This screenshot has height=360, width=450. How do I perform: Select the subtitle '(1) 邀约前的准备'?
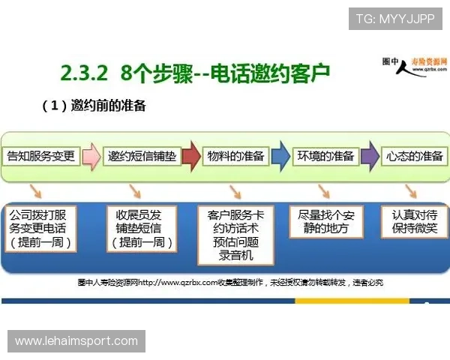(x=97, y=106)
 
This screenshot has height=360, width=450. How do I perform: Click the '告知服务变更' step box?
(x=42, y=156)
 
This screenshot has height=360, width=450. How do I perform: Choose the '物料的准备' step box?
(x=235, y=156)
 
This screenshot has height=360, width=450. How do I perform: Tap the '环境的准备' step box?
(x=326, y=156)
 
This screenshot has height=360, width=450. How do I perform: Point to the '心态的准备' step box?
(x=414, y=156)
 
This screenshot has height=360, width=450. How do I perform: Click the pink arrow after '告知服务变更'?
(x=91, y=156)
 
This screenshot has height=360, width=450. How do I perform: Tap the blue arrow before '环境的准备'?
(x=280, y=156)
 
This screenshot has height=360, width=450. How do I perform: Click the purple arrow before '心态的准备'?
(x=370, y=156)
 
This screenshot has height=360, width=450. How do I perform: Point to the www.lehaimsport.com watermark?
(x=76, y=341)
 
